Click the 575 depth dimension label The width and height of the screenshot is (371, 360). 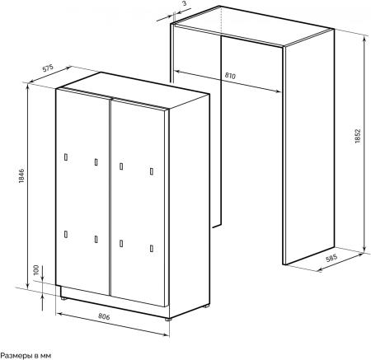(x=48, y=68)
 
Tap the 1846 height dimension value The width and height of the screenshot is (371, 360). (x=21, y=176)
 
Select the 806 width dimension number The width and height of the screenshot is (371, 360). (x=104, y=316)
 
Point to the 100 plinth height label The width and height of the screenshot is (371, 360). (x=36, y=270)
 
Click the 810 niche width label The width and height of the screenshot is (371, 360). (x=230, y=76)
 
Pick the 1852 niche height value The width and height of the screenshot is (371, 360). (x=357, y=136)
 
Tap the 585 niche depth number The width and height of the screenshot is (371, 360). (x=331, y=259)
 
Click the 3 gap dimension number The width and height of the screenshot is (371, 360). (x=184, y=3)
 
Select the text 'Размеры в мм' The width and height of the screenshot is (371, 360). (x=26, y=356)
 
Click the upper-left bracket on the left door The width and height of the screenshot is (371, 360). (x=66, y=157)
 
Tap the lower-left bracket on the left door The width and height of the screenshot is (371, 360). (x=66, y=234)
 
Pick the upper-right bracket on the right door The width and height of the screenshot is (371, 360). (x=152, y=171)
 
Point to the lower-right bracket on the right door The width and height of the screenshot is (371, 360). (x=152, y=248)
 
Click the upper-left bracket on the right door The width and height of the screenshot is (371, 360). (x=121, y=166)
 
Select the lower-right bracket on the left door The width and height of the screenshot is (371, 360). (x=96, y=239)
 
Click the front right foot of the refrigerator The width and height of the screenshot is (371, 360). (x=168, y=320)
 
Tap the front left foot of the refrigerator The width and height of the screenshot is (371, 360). (x=63, y=298)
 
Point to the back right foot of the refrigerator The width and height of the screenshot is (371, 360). (x=206, y=306)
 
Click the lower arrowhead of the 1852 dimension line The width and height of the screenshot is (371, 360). (x=364, y=249)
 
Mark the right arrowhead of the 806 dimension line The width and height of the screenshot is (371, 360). (x=166, y=334)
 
